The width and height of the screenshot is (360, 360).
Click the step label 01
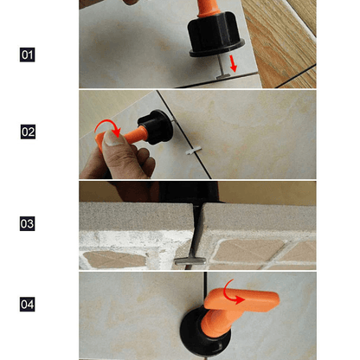[x=28, y=55]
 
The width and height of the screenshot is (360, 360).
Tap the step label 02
[x=28, y=132]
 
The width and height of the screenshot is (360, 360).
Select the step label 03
[x=28, y=223]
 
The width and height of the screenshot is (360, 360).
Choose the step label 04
[x=28, y=305]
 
